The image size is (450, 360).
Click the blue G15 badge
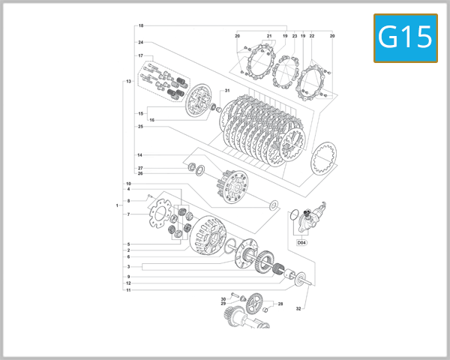pos(405,37)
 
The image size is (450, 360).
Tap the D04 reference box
pos(301,242)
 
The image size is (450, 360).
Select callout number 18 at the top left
pos(141,26)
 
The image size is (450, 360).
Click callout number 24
pos(141,42)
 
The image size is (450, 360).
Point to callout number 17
pos(140,56)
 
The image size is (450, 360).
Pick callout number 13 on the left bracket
pos(129,81)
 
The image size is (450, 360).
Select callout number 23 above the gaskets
pos(295,36)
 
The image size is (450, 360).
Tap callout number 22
pos(311,36)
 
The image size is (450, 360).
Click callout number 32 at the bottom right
pos(298,308)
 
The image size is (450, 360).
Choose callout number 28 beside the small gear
pos(280,304)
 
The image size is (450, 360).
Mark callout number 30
pos(223,299)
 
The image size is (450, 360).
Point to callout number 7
pos(129,214)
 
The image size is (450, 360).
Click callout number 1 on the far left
pos(118,205)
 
